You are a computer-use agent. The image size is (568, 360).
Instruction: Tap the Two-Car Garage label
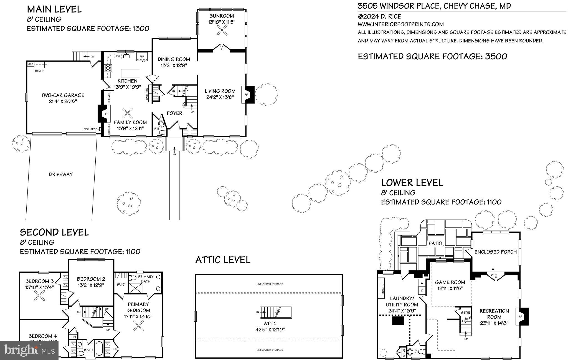click(63, 95)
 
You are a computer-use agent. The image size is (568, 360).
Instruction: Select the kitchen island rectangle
click(131, 73)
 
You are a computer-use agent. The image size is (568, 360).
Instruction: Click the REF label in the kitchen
click(142, 57)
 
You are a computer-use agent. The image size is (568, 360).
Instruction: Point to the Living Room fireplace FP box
click(246, 95)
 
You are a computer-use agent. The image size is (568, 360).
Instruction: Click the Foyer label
click(174, 113)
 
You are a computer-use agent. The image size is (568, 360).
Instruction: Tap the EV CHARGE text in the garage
click(91, 129)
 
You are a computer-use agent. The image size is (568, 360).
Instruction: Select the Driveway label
click(61, 174)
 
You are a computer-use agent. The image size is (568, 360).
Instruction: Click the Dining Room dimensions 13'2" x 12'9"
click(174, 66)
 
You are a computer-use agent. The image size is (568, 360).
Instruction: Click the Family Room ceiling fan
click(128, 113)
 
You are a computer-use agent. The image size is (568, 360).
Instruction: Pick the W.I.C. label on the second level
click(121, 284)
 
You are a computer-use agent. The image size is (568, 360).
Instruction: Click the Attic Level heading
click(223, 260)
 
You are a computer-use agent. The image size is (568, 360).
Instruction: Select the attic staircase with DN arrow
click(276, 312)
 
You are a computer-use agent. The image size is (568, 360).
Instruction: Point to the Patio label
click(435, 243)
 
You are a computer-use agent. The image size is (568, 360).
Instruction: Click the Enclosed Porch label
click(495, 252)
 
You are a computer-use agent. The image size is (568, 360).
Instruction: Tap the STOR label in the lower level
click(466, 313)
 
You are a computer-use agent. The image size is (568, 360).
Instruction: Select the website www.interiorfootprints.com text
click(400, 24)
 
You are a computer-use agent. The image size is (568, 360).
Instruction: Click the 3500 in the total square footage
click(496, 57)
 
